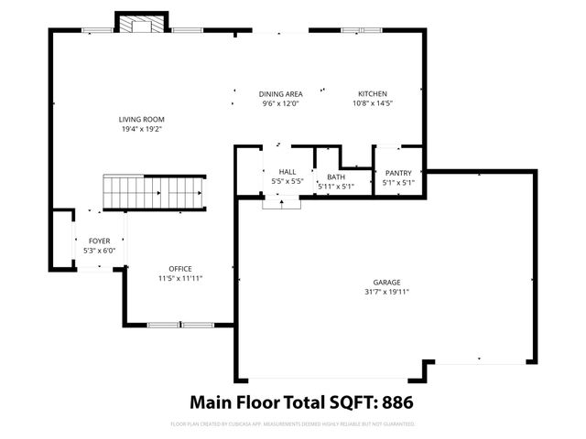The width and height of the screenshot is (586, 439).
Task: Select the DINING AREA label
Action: coord(280,94)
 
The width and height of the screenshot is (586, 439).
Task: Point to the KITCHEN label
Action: coord(372,94)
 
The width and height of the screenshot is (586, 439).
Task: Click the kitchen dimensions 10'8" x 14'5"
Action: coord(372,104)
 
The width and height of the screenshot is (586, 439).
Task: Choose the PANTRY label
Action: coord(398,173)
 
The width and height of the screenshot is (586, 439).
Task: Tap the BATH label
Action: coord(335,177)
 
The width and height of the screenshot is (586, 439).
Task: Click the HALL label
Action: coord(287,171)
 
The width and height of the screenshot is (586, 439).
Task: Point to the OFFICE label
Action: coord(179,268)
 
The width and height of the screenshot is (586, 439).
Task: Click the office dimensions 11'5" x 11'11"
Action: coord(179,278)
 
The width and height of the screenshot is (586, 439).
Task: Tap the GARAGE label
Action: coord(385,283)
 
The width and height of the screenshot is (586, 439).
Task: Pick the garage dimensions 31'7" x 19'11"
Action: coord(385,293)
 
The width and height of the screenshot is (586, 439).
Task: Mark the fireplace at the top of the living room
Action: coord(141,24)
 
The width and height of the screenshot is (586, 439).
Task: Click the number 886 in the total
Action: coord(404,402)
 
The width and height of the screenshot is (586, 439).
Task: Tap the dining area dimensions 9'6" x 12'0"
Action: coord(280,104)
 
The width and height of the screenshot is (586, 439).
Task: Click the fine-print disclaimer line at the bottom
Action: coord(293,424)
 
